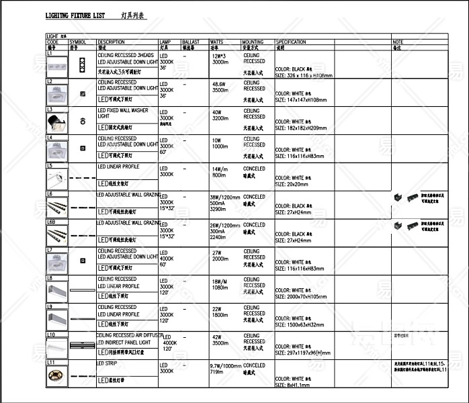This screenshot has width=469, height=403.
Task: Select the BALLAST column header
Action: [191, 42]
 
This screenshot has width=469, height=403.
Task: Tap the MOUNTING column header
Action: [253, 42]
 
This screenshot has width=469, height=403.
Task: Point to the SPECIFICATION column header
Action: [291, 42]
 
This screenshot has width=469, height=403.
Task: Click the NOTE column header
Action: [398, 42]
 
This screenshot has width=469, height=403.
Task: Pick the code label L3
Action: [50, 109]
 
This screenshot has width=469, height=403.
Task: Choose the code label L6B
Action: [51, 221]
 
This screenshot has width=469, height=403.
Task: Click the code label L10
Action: [51, 334]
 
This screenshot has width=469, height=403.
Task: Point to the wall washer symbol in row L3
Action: [83, 121]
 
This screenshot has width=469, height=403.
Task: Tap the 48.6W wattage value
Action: [219, 84]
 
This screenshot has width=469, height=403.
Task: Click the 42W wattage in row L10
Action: [216, 337]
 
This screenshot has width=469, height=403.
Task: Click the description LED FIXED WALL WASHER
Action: [123, 110]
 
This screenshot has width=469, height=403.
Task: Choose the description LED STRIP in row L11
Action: [108, 363]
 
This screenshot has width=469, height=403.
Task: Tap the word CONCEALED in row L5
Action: [254, 169]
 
